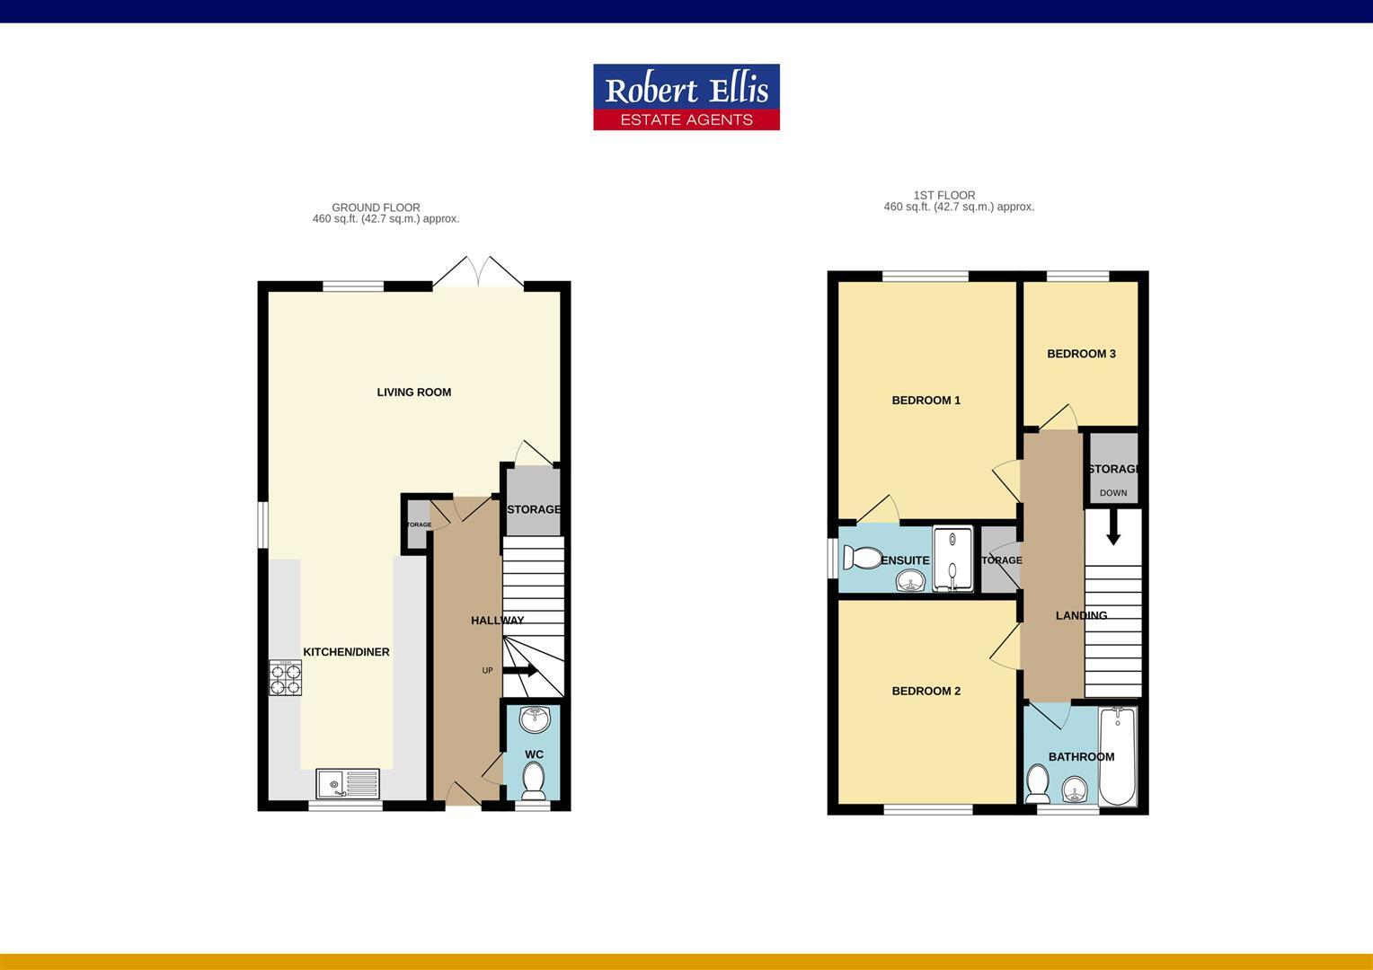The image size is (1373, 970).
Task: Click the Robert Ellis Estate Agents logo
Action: coord(686,97)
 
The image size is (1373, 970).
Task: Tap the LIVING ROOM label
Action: coord(413,392)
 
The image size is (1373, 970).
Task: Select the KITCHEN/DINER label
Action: coord(346,652)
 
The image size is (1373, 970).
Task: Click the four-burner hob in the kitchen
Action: coord(286,678)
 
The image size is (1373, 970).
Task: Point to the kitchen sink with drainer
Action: coord(348,783)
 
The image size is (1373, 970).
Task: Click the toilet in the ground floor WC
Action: coord(533,780)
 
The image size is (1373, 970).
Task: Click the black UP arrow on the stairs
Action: coord(520,670)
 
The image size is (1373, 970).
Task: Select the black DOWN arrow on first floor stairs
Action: coord(1113,528)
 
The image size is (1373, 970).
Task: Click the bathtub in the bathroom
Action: coord(1117,756)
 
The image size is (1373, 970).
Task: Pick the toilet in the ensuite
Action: coord(863,559)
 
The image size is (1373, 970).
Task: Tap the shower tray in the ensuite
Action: coord(952,560)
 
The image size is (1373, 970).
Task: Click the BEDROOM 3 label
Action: coord(1081,354)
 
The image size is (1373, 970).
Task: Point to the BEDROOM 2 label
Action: coord(926,692)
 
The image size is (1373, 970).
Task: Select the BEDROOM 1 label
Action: coord(926,401)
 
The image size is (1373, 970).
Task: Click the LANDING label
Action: coord(1080,616)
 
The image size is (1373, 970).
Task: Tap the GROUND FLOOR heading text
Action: coord(376,207)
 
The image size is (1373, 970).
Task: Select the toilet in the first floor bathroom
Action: coord(1038,783)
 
